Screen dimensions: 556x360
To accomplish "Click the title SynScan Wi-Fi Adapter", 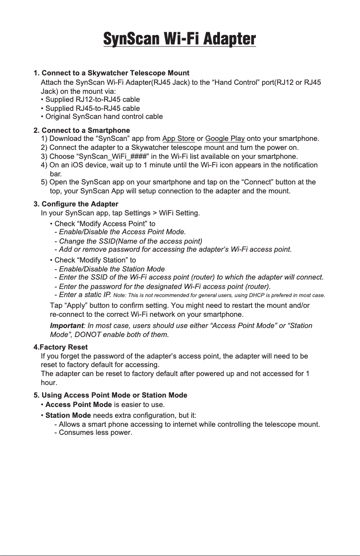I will pos(180,39).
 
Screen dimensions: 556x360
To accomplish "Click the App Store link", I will pos(178,138).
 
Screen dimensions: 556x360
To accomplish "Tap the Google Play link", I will pos(224,138).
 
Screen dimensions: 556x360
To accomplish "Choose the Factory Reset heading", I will pos(61,347).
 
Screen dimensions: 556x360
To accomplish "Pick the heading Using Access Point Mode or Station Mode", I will pos(110,395).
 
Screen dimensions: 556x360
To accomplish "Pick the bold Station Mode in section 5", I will pos(68,415).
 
